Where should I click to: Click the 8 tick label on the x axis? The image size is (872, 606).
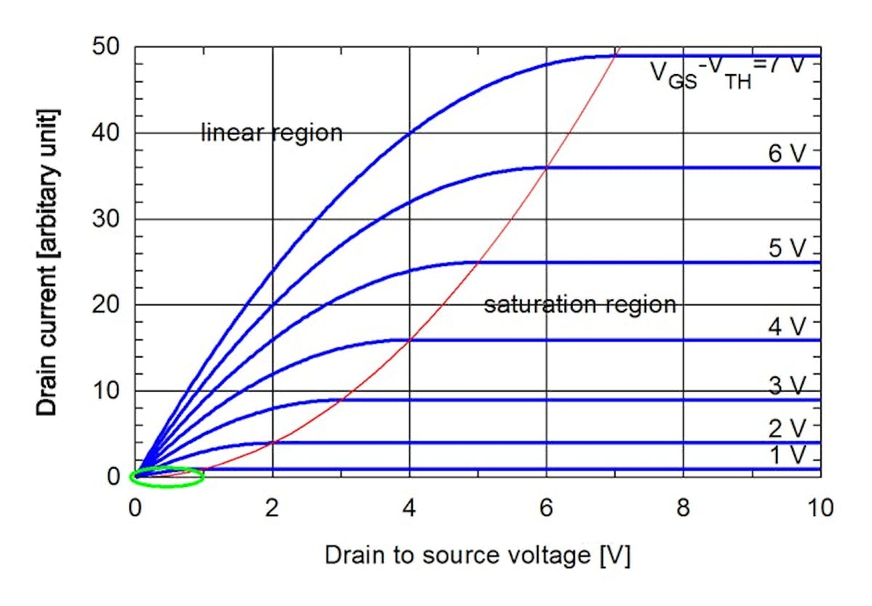[x=683, y=507]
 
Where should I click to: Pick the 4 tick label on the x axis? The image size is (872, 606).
[x=409, y=507]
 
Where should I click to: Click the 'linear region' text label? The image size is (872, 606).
[x=271, y=133]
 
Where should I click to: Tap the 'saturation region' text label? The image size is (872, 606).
[x=580, y=304]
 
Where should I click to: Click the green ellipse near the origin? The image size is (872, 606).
[x=166, y=477]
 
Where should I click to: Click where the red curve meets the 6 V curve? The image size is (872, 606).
[x=546, y=168]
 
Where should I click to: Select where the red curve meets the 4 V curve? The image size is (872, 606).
[x=410, y=339]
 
